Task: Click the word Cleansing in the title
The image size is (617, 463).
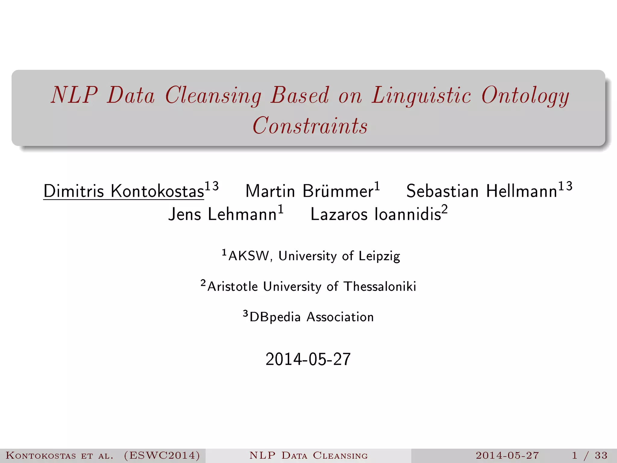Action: tap(213, 96)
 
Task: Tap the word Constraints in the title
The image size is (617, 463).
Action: tap(310, 126)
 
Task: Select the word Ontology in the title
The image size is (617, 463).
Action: tap(525, 96)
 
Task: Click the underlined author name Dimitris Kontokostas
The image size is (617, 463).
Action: tap(124, 191)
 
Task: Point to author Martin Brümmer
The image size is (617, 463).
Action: tap(309, 191)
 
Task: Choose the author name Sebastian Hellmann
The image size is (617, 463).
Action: tap(481, 191)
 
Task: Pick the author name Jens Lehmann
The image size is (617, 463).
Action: tap(222, 214)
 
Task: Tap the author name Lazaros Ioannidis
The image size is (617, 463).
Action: tap(375, 214)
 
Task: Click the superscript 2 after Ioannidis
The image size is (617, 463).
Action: tap(445, 209)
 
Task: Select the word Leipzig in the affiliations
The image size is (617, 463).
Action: tap(379, 256)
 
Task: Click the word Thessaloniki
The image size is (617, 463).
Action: tap(380, 286)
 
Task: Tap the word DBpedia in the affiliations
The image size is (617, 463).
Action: tap(275, 317)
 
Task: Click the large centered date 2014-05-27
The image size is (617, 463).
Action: tap(308, 359)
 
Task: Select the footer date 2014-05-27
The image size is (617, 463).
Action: tap(507, 455)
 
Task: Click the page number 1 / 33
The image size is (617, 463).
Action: tap(590, 455)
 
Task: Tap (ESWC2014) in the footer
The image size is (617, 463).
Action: tap(162, 455)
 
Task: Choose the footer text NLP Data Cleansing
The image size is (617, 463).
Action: tap(308, 455)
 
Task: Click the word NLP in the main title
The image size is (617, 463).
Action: tap(74, 96)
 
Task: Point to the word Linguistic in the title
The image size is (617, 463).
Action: tap(421, 96)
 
